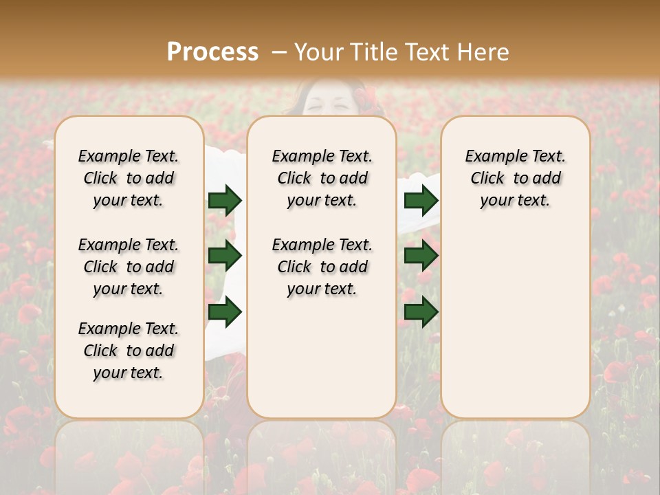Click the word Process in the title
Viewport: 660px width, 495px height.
tap(212, 52)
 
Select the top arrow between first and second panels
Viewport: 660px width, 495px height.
tap(225, 201)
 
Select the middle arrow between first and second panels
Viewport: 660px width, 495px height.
tap(225, 256)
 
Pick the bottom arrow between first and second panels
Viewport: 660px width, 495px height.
tap(225, 312)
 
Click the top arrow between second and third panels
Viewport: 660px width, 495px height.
tap(421, 201)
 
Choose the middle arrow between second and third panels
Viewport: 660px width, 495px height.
tap(421, 256)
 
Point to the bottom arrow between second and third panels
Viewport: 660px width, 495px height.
tap(421, 312)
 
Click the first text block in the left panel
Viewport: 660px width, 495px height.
tap(129, 178)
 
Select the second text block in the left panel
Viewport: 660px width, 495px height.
tap(129, 267)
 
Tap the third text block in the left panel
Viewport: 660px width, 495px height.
tap(129, 351)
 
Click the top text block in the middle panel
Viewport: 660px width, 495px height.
tap(322, 178)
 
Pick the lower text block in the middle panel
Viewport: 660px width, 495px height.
tap(322, 267)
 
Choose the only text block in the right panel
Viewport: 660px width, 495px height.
tap(515, 178)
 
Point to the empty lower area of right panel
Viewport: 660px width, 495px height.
tap(515, 323)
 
